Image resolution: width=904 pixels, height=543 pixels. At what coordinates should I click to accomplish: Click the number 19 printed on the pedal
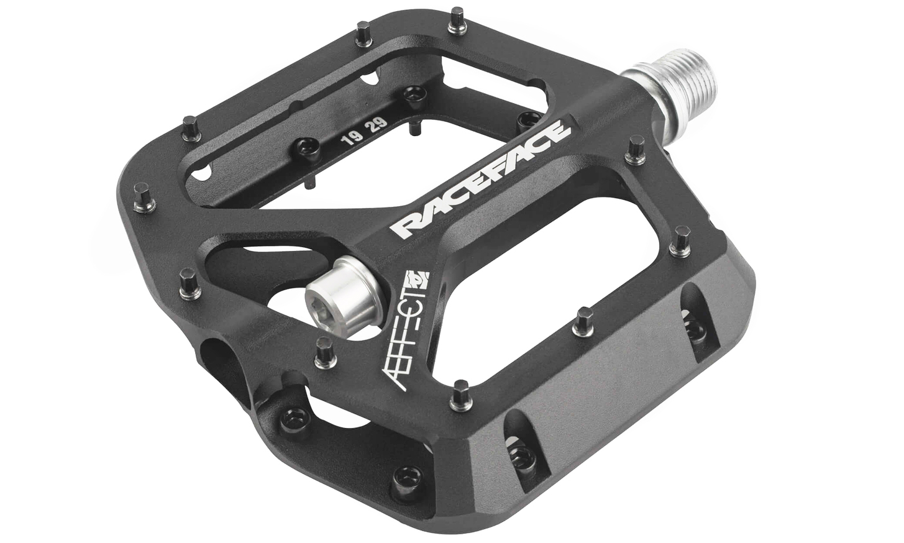[350, 140]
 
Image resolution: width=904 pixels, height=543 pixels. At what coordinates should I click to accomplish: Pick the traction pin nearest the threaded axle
[636, 150]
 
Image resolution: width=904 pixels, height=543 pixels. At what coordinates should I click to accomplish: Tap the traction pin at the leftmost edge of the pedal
[144, 198]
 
